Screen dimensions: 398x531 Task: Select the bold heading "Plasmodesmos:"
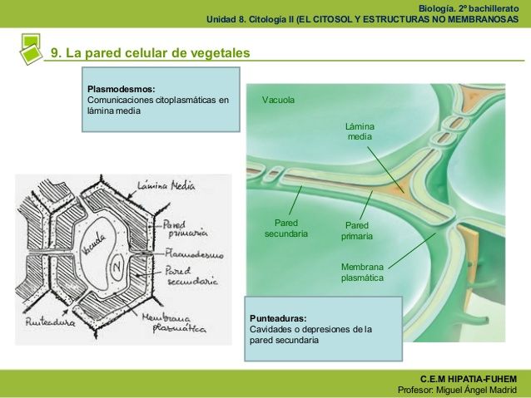pyautogui.click(x=121, y=88)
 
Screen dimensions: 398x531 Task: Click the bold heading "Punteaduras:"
pyautogui.click(x=278, y=318)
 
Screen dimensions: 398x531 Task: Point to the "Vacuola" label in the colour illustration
pyautogui.click(x=278, y=101)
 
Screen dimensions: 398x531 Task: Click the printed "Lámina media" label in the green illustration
pyautogui.click(x=360, y=130)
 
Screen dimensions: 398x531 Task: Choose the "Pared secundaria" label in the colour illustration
pyautogui.click(x=286, y=228)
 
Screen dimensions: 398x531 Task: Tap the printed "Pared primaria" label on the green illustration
pyautogui.click(x=356, y=230)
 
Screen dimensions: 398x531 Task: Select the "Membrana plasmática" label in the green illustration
pyautogui.click(x=362, y=273)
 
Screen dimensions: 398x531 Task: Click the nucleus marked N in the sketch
pyautogui.click(x=117, y=268)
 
